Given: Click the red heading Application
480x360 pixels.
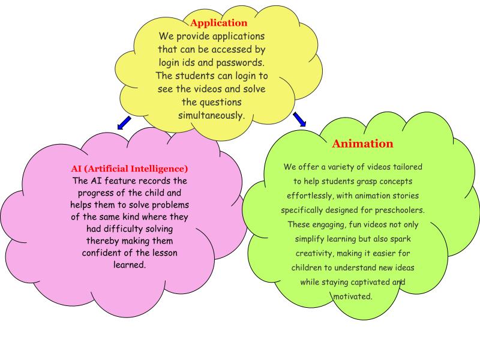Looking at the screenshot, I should (x=218, y=23).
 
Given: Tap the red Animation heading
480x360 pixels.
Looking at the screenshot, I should (x=362, y=144).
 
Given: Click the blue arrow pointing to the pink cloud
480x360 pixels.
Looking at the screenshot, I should (x=124, y=123).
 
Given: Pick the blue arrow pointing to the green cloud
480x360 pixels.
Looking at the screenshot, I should (x=299, y=119).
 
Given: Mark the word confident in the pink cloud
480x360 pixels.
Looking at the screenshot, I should (x=107, y=253).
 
